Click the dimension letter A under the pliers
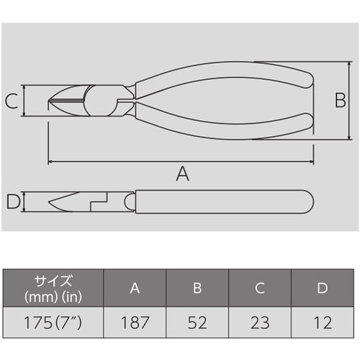coord(182,173)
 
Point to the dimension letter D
coord(11,202)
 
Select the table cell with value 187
coord(135,319)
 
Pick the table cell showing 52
coord(197,319)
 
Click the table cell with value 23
coord(260,319)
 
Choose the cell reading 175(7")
coord(53,319)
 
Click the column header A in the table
coord(135,288)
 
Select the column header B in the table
coord(197,288)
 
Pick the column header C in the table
coord(260,288)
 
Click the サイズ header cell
coord(53,288)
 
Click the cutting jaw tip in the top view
coord(52,101)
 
